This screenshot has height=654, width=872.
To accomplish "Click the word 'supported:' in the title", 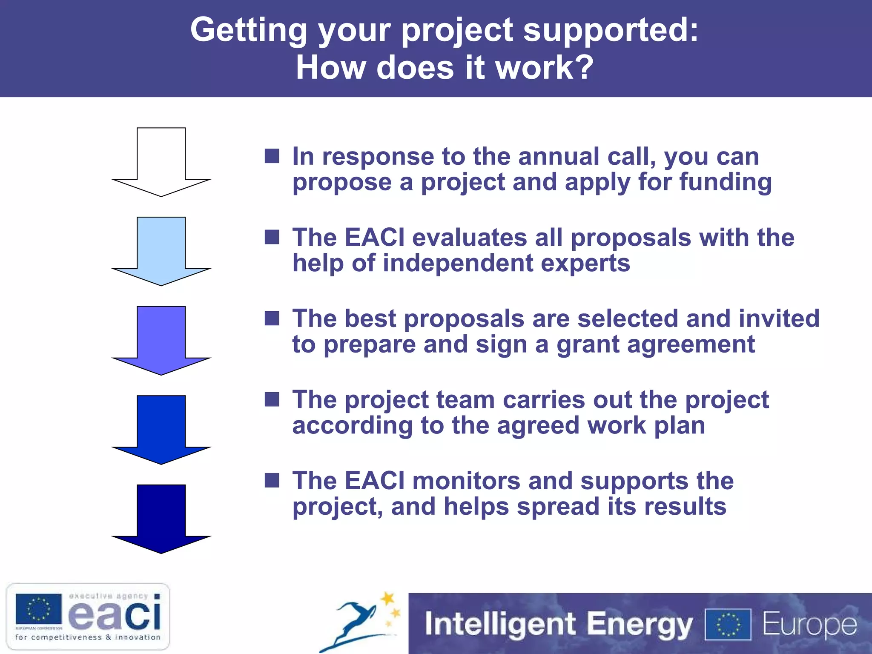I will click(611, 31).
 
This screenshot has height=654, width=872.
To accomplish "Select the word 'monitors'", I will click(466, 481).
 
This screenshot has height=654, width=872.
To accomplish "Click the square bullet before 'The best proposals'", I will click(272, 318).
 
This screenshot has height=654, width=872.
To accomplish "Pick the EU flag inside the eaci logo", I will click(39, 609).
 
